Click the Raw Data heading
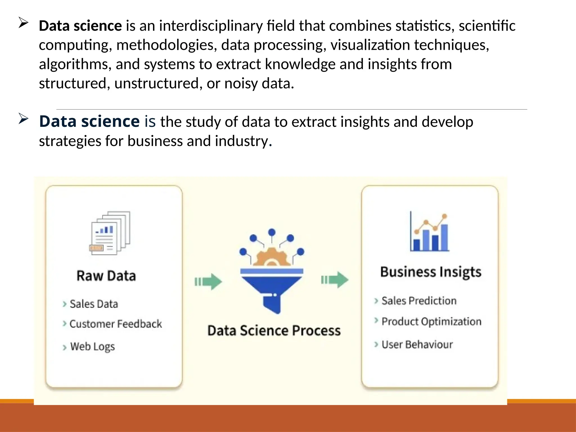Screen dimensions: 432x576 click(x=106, y=276)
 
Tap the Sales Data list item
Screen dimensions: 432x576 click(x=94, y=304)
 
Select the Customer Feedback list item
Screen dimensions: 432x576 click(x=116, y=324)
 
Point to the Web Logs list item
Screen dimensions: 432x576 click(x=92, y=346)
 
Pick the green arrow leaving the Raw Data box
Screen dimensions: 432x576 click(x=208, y=281)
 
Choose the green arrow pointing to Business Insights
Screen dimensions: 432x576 click(x=335, y=280)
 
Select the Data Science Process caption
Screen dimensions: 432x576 click(x=274, y=330)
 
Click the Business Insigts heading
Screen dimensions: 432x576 click(x=431, y=272)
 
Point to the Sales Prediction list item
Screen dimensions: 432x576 click(x=419, y=301)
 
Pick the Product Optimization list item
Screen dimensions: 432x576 click(x=431, y=321)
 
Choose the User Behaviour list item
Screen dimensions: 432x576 click(x=417, y=345)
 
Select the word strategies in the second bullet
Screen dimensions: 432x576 click(x=70, y=141)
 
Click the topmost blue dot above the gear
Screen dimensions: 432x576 click(x=272, y=232)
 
